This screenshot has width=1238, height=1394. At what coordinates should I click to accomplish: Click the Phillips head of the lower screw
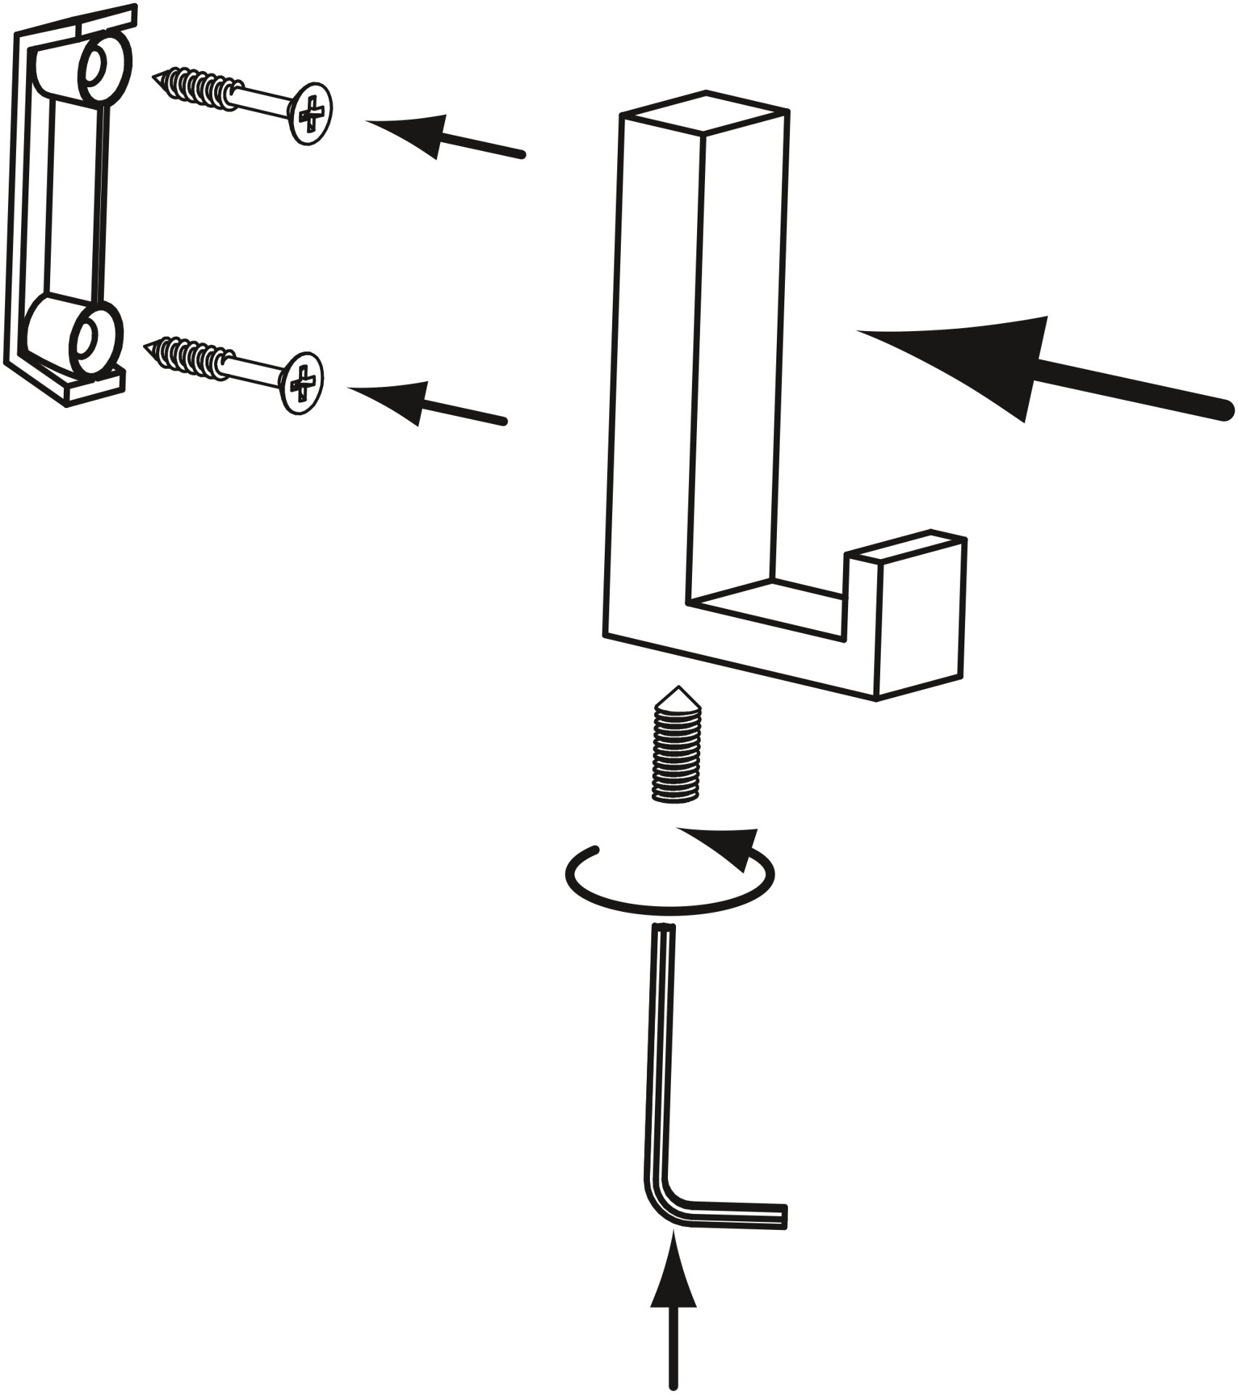(302, 381)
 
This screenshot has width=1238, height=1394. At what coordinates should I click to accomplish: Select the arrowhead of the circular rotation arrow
(733, 846)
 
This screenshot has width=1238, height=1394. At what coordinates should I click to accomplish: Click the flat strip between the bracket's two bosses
(73, 200)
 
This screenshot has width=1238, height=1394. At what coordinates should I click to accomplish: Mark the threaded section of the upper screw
(196, 87)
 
